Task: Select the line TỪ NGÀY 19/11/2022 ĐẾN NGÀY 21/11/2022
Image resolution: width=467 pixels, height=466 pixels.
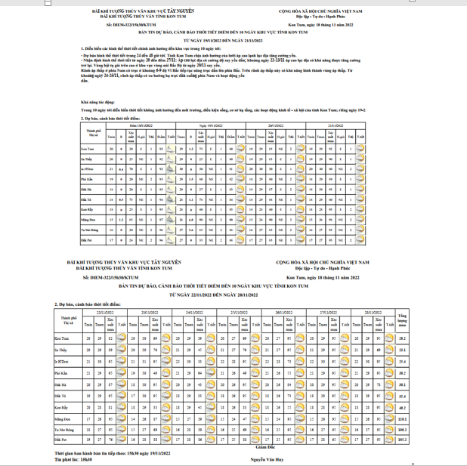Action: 233,42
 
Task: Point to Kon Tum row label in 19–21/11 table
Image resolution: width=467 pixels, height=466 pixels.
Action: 88,150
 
